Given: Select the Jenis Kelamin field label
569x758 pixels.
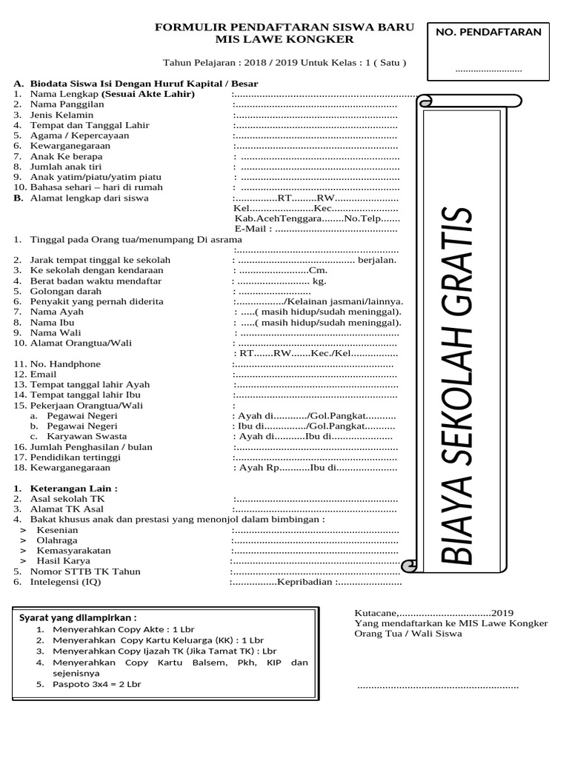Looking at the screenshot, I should (x=61, y=115).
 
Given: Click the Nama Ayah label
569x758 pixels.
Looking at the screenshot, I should (x=56, y=312).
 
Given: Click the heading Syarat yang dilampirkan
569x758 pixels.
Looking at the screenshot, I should (x=78, y=617).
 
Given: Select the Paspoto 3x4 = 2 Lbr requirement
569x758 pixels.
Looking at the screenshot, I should (x=96, y=685).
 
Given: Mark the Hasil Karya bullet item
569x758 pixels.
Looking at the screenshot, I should (x=61, y=561).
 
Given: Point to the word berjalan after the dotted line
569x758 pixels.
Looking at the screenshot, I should (x=376, y=260).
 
